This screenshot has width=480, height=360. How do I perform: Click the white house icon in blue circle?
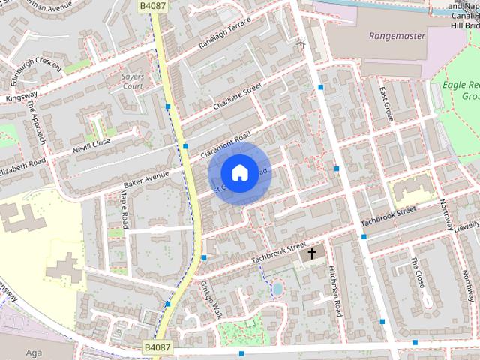239,172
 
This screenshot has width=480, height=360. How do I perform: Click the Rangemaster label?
397,36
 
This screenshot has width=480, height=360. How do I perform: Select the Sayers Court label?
132,81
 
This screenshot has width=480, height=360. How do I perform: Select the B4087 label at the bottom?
157,348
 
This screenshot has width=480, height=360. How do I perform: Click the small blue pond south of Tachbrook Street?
277,289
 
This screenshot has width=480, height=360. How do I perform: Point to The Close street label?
418,272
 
